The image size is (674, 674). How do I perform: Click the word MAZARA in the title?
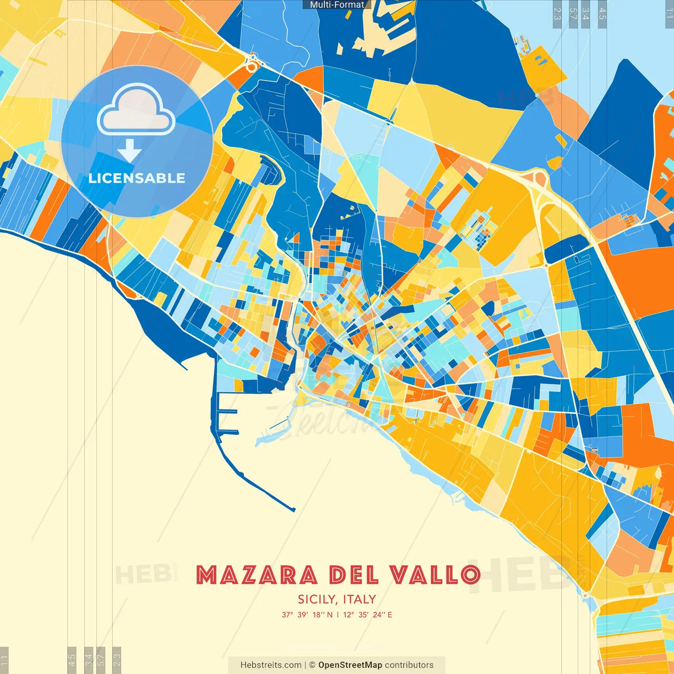coord(256,575)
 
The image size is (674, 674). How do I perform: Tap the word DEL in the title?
coord(354,575)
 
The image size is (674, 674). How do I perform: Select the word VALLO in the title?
coord(435,575)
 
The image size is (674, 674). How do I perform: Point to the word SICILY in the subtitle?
coord(317,599)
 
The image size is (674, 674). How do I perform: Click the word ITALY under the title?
coord(360,599)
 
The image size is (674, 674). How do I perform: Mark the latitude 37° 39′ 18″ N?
coord(307,614)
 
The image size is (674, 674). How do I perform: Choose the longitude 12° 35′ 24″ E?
coord(368,614)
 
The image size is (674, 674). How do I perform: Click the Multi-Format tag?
coord(337,5)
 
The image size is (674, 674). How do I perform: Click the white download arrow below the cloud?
coord(130,151)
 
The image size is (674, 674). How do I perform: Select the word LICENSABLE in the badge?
coord(137,178)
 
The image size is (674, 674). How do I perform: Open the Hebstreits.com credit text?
coord(271,665)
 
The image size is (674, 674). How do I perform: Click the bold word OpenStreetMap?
coord(350,665)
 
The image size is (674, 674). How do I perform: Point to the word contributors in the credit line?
coord(409,665)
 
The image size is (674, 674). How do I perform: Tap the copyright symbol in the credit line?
coord(312,665)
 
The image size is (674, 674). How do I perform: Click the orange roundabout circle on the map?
coord(252,66)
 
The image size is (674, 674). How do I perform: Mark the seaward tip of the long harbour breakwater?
coord(293,510)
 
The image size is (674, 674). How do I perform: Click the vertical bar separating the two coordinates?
coord(338,614)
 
